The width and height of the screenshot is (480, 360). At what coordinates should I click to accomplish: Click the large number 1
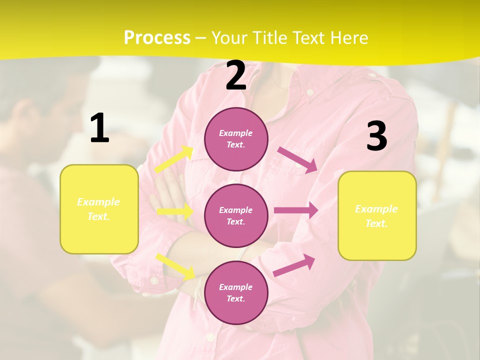[99, 128]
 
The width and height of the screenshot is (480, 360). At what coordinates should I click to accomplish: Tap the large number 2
[236, 76]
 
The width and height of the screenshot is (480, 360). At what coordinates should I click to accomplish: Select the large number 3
[376, 136]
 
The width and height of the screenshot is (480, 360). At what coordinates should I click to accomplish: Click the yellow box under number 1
[99, 209]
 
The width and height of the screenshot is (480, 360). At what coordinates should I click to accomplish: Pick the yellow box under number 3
[377, 215]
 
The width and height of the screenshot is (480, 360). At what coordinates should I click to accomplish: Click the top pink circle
[236, 138]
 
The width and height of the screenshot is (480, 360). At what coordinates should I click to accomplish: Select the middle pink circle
[236, 215]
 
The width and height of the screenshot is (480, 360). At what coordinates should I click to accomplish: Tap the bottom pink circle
[236, 292]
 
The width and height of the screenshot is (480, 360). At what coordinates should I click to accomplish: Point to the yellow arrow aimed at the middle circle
[175, 211]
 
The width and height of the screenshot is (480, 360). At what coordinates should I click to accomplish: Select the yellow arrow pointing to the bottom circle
[175, 266]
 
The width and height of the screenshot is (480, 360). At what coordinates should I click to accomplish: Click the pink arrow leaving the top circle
[297, 160]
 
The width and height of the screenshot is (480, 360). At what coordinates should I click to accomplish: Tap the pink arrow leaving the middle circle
[296, 210]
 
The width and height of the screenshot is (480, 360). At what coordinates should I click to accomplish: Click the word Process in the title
[157, 38]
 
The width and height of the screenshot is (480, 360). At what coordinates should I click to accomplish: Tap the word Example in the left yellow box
[98, 202]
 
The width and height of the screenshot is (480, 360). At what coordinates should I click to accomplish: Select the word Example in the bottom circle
[236, 287]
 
